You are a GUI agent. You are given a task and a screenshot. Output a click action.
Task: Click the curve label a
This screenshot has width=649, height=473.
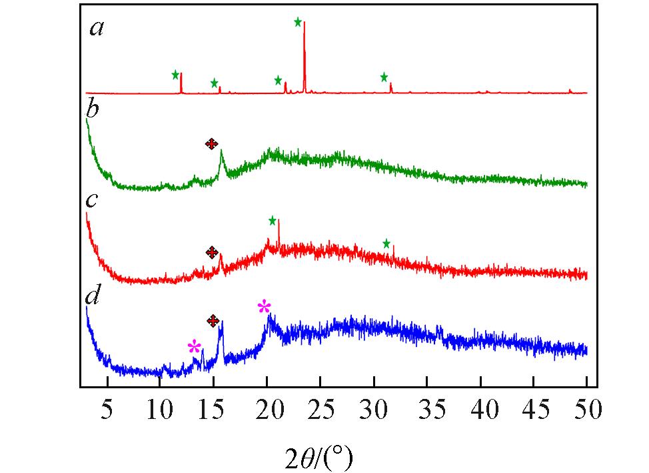pyautogui.click(x=97, y=29)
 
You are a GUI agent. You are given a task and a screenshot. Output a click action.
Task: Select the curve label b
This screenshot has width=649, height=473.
pyautogui.click(x=93, y=110)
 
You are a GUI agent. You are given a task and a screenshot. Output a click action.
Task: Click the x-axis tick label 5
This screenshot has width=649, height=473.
pyautogui.click(x=107, y=407)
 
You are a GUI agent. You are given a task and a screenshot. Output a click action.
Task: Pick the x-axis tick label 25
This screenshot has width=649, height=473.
pyautogui.click(x=321, y=407)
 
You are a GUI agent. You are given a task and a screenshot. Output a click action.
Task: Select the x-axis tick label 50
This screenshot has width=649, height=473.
pyautogui.click(x=586, y=407)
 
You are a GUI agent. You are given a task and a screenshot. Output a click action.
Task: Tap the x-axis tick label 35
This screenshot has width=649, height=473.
pyautogui.click(x=427, y=407)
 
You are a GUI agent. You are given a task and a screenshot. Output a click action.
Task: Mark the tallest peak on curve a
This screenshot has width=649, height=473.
pyautogui.click(x=305, y=23)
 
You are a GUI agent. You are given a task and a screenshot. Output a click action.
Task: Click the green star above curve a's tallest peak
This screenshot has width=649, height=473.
pyautogui.click(x=298, y=22)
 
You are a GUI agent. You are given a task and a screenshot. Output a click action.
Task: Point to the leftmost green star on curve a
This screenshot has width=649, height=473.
pyautogui.click(x=175, y=74)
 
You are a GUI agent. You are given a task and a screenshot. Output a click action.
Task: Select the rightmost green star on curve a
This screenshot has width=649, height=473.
pyautogui.click(x=384, y=77)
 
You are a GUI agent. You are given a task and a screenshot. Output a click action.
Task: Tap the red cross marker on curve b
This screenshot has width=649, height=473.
pyautogui.click(x=211, y=143)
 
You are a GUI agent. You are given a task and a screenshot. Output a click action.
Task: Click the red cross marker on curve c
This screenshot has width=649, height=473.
pyautogui.click(x=212, y=252)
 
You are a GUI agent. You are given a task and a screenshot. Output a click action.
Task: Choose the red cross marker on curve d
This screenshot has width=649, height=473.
pyautogui.click(x=213, y=321)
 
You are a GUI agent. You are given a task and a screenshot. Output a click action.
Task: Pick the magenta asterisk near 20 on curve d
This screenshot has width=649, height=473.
pyautogui.click(x=265, y=307)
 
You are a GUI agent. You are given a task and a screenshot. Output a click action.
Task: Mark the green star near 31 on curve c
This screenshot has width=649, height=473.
pyautogui.click(x=386, y=244)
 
